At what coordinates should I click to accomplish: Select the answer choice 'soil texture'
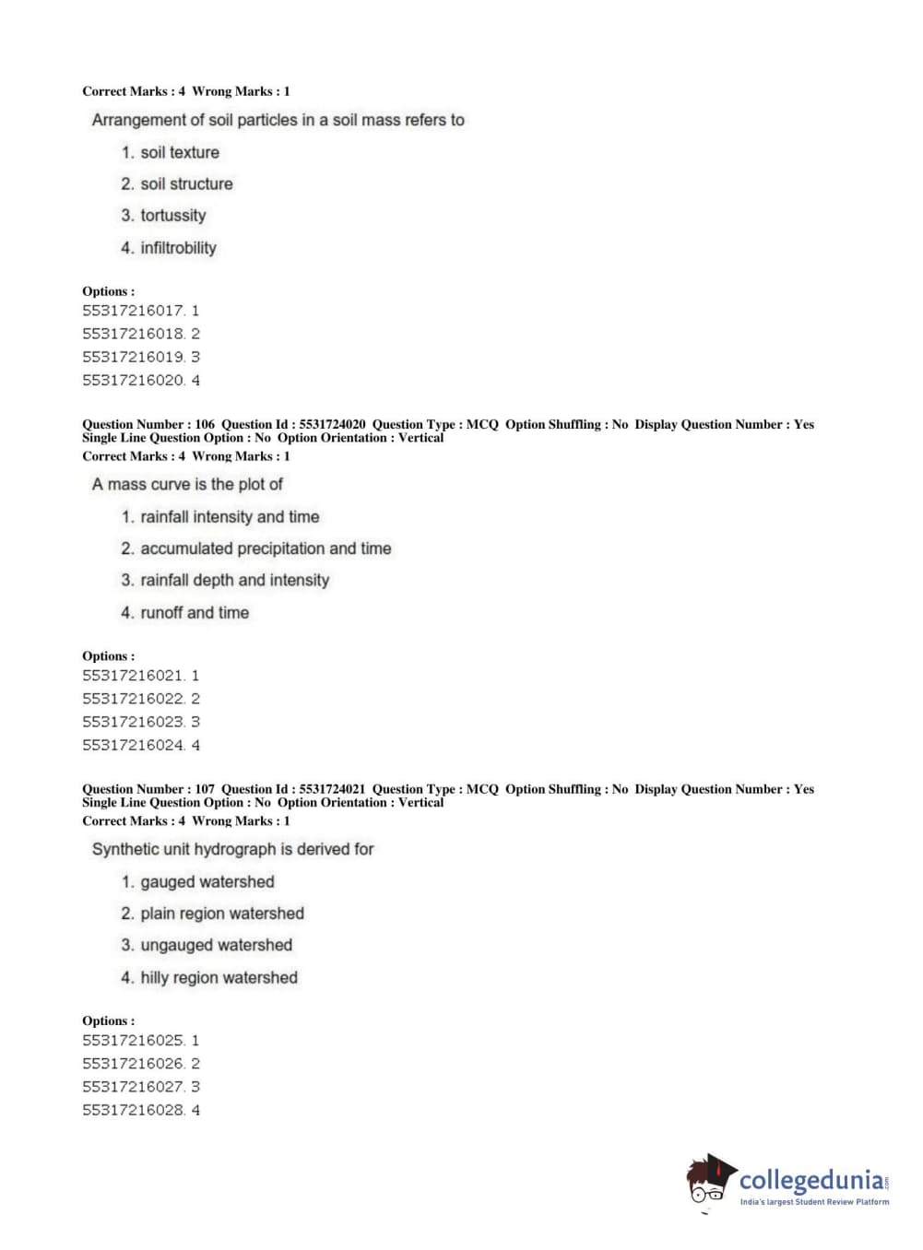click(179, 153)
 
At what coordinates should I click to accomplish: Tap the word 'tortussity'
click(172, 216)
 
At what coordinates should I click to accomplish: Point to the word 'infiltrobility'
click(178, 248)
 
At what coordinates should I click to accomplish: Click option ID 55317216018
click(134, 334)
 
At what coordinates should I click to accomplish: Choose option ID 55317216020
click(134, 380)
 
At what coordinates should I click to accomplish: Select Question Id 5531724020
click(332, 425)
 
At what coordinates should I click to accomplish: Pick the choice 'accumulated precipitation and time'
click(265, 548)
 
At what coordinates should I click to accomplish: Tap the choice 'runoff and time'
click(194, 613)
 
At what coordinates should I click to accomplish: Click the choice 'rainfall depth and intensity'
click(234, 581)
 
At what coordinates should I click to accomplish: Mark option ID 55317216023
click(134, 722)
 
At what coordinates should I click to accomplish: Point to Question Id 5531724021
click(332, 789)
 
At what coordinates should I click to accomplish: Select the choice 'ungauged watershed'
click(216, 946)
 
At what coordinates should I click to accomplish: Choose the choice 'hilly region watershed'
click(219, 978)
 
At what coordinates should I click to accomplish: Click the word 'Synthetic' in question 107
click(125, 849)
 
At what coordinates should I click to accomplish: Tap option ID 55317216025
click(134, 1041)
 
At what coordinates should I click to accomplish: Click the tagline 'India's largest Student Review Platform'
click(814, 1202)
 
